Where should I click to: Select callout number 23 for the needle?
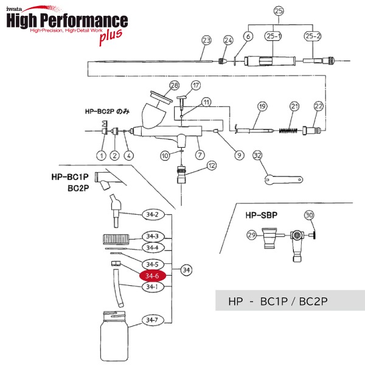[206, 40]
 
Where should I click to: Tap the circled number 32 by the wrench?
[257, 155]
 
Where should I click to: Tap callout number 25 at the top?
[279, 11]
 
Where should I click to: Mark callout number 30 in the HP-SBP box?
[309, 215]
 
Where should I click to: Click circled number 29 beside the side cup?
[251, 235]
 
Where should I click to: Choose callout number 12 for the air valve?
[212, 165]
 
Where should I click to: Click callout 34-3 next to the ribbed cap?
[152, 236]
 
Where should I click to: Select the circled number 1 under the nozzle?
[101, 155]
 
